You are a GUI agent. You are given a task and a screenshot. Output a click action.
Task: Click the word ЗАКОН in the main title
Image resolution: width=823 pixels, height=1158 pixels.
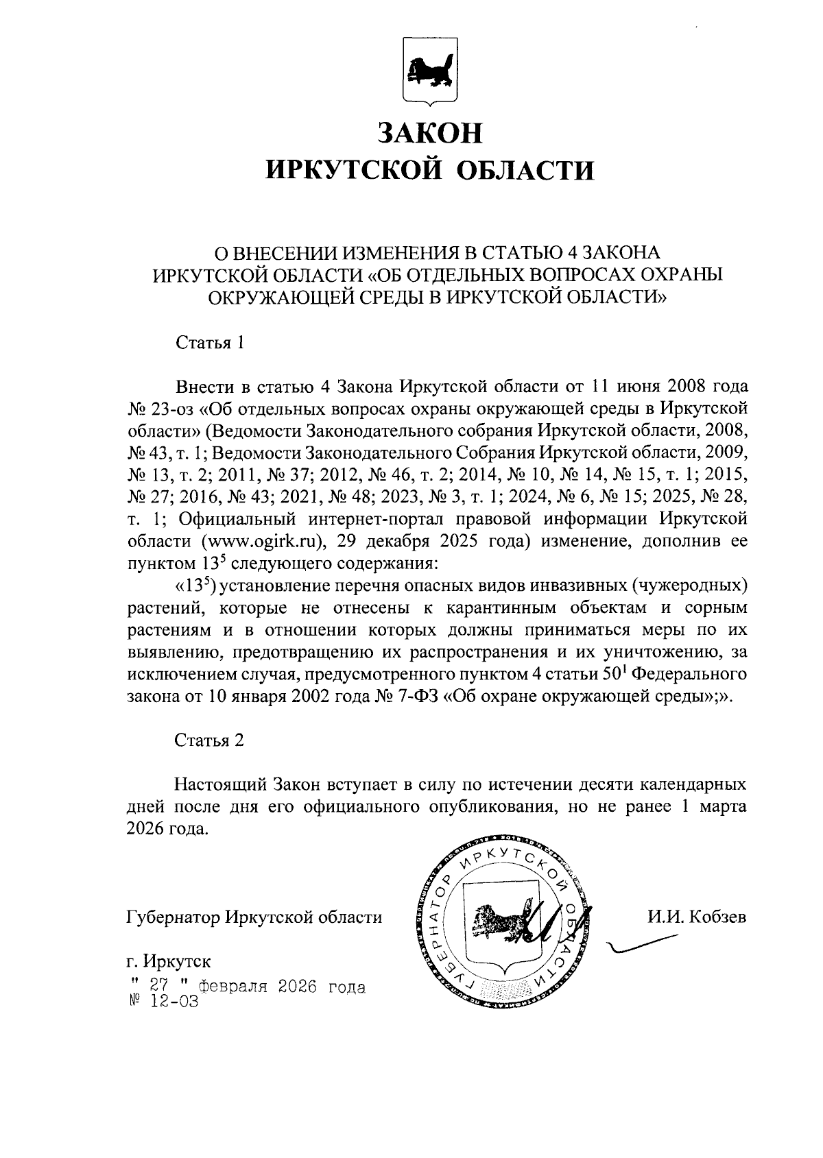click(x=431, y=132)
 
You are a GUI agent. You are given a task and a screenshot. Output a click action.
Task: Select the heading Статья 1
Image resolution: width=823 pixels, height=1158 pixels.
click(x=210, y=343)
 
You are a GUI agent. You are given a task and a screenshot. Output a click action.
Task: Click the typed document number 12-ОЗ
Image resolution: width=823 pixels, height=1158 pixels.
click(x=172, y=1002)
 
